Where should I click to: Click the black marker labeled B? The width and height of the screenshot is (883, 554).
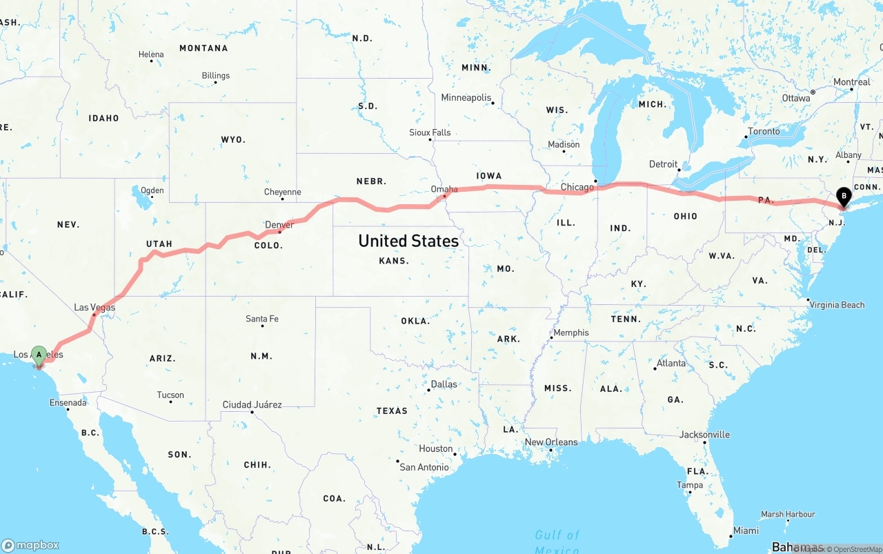point(842,197)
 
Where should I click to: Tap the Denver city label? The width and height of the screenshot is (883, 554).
point(279,224)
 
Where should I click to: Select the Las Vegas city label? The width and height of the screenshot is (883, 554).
point(95,308)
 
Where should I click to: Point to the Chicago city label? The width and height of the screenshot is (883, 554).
point(577,187)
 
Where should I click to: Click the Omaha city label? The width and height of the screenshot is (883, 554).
point(444,189)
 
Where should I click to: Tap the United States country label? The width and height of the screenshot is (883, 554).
point(408,241)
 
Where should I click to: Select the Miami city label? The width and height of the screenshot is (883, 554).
point(746,531)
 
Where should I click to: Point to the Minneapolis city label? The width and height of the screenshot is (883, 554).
point(466,98)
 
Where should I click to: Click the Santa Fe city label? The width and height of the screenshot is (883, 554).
point(262,319)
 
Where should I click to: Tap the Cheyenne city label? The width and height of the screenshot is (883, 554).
point(282,192)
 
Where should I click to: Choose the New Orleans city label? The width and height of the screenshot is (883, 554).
point(551,442)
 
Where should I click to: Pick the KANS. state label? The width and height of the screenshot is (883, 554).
point(394,261)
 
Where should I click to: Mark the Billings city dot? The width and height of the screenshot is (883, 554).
point(215,83)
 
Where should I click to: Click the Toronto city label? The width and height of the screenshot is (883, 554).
point(764,131)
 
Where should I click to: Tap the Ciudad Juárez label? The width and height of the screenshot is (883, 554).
point(252,404)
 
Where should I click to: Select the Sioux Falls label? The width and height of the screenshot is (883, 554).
point(430,132)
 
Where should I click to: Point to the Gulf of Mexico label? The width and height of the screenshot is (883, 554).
point(557,541)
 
